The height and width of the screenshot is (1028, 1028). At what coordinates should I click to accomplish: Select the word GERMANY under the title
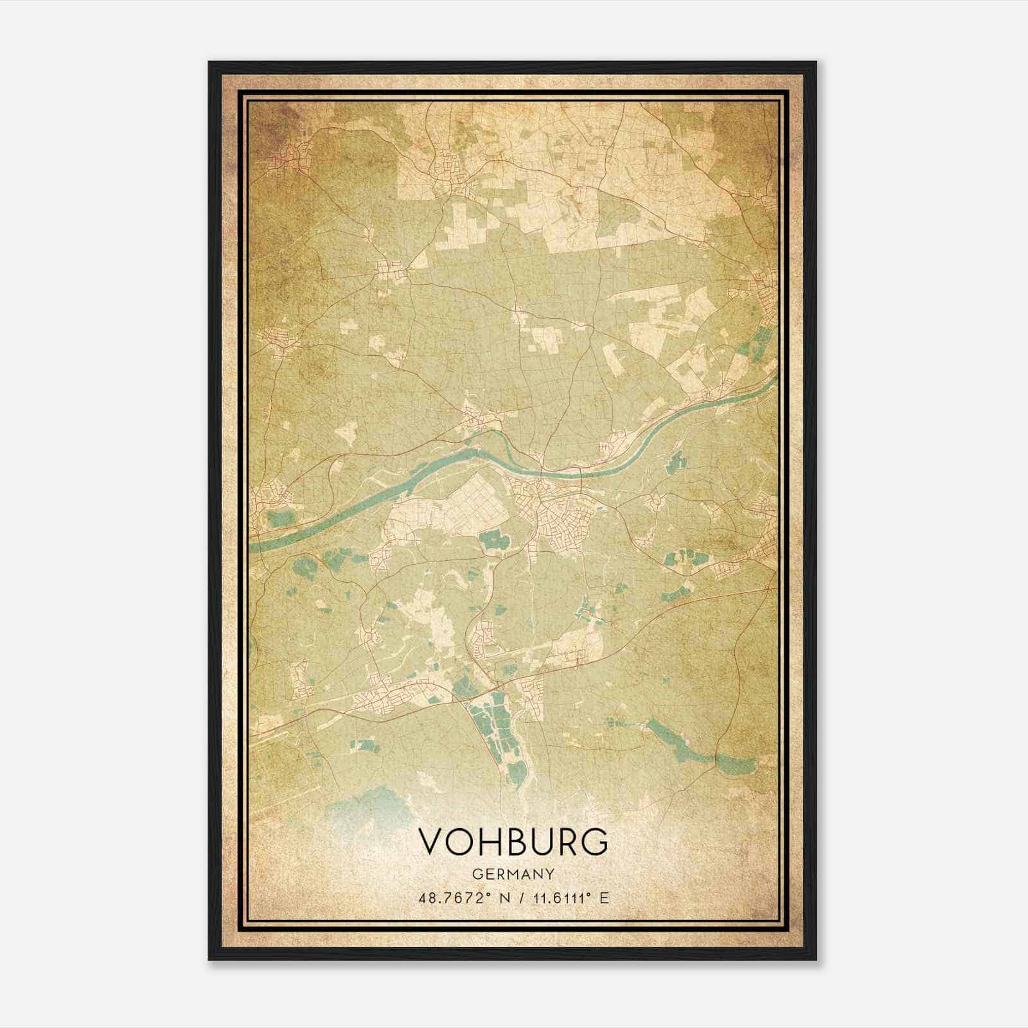[x=513, y=874]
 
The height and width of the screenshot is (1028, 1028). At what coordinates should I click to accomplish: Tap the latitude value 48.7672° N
[x=461, y=898]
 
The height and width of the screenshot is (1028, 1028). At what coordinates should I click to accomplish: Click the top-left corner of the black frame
[x=210, y=63]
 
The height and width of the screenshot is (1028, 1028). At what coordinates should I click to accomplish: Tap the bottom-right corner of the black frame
[x=815, y=959]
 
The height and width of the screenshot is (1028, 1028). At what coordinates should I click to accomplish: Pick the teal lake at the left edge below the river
[x=278, y=518]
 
